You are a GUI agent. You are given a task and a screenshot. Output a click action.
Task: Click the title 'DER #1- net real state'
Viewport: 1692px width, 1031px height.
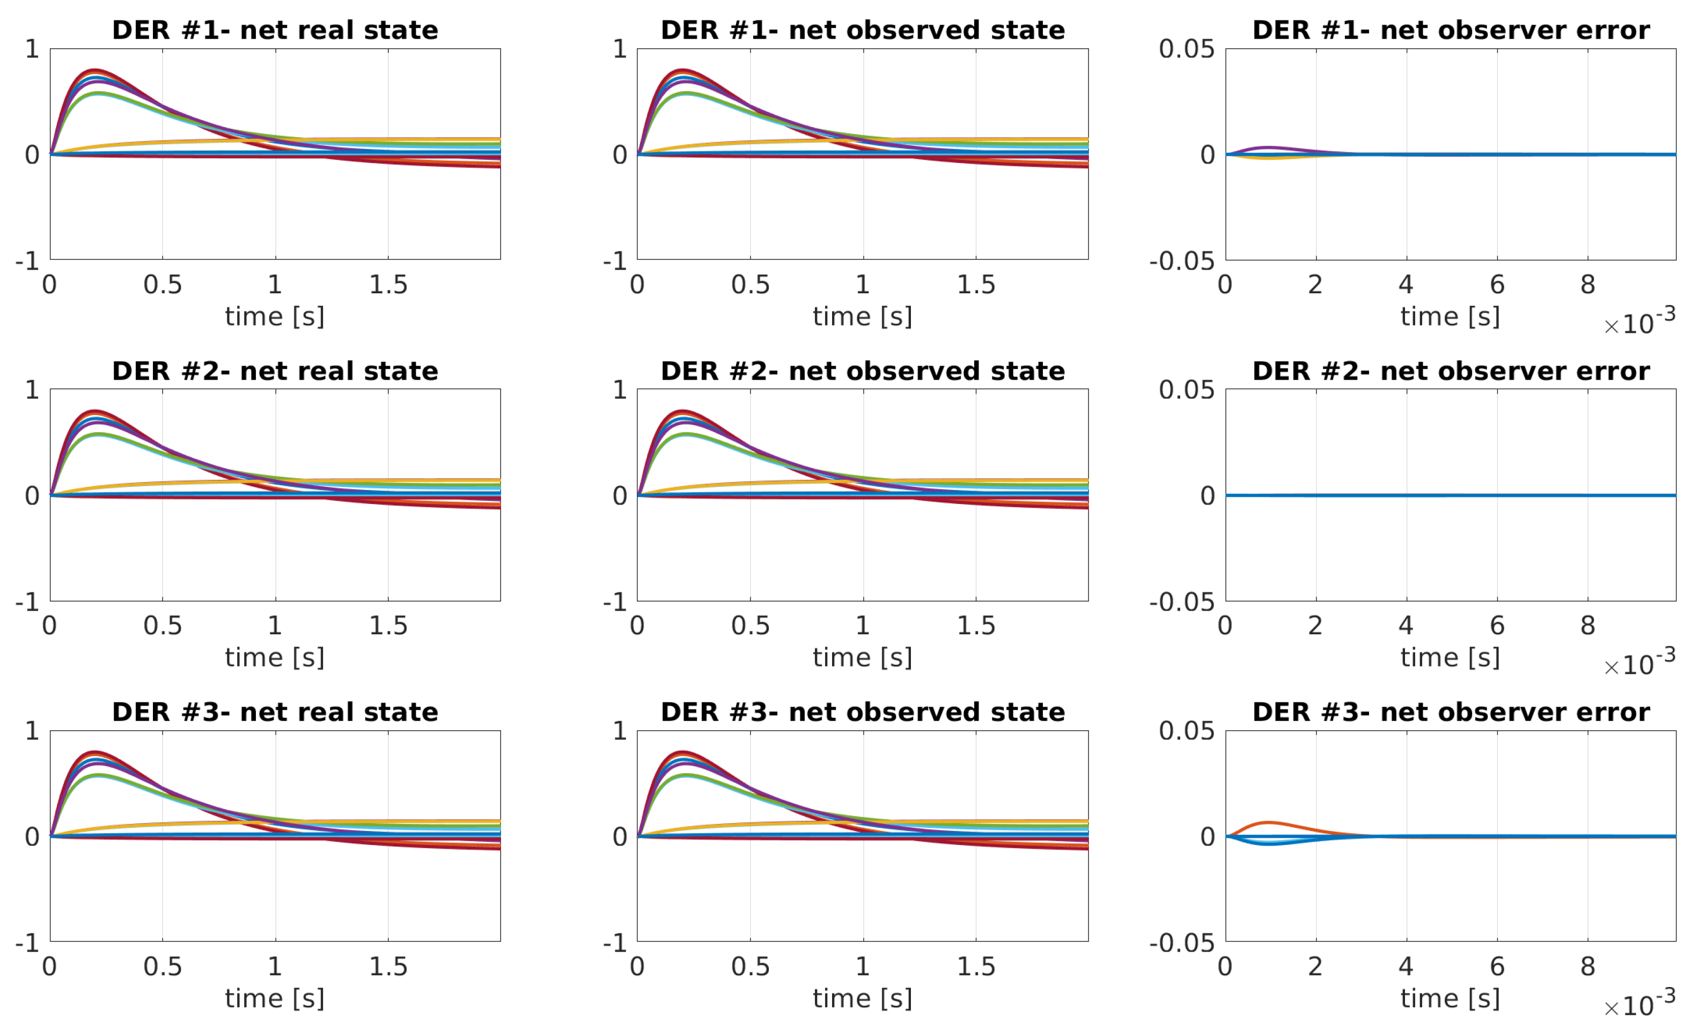pyautogui.click(x=275, y=30)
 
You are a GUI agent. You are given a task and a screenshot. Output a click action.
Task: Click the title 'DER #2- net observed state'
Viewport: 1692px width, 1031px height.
pyautogui.click(x=863, y=372)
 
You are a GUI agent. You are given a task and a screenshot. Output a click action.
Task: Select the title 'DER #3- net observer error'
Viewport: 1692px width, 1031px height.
pyautogui.click(x=1450, y=713)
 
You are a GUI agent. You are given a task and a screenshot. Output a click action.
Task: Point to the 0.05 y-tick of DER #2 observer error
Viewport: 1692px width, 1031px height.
pyautogui.click(x=1186, y=390)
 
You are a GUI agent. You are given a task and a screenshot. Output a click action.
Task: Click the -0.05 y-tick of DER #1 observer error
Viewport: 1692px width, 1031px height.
pyautogui.click(x=1181, y=261)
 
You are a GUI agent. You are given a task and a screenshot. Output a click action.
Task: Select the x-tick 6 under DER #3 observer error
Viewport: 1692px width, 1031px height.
pyautogui.click(x=1497, y=967)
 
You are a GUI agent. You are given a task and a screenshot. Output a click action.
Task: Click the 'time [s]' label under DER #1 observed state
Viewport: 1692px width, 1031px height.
pyautogui.click(x=863, y=316)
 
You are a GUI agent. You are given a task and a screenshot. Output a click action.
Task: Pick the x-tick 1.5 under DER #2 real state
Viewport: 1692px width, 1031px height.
pyautogui.click(x=388, y=625)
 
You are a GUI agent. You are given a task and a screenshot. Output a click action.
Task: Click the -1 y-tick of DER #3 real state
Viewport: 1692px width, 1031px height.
pyautogui.click(x=27, y=943)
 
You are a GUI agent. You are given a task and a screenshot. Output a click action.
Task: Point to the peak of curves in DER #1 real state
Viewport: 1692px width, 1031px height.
pyautogui.click(x=95, y=71)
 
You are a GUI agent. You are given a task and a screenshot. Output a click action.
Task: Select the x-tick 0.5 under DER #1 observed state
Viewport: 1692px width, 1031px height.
pyautogui.click(x=750, y=284)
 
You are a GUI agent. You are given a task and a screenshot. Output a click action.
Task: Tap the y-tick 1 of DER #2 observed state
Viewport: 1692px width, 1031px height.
pyautogui.click(x=620, y=390)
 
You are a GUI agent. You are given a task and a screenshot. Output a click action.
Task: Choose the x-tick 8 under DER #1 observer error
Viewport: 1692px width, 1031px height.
pyautogui.click(x=1587, y=284)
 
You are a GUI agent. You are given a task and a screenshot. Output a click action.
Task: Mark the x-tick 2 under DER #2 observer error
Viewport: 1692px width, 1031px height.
pyautogui.click(x=1315, y=625)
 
